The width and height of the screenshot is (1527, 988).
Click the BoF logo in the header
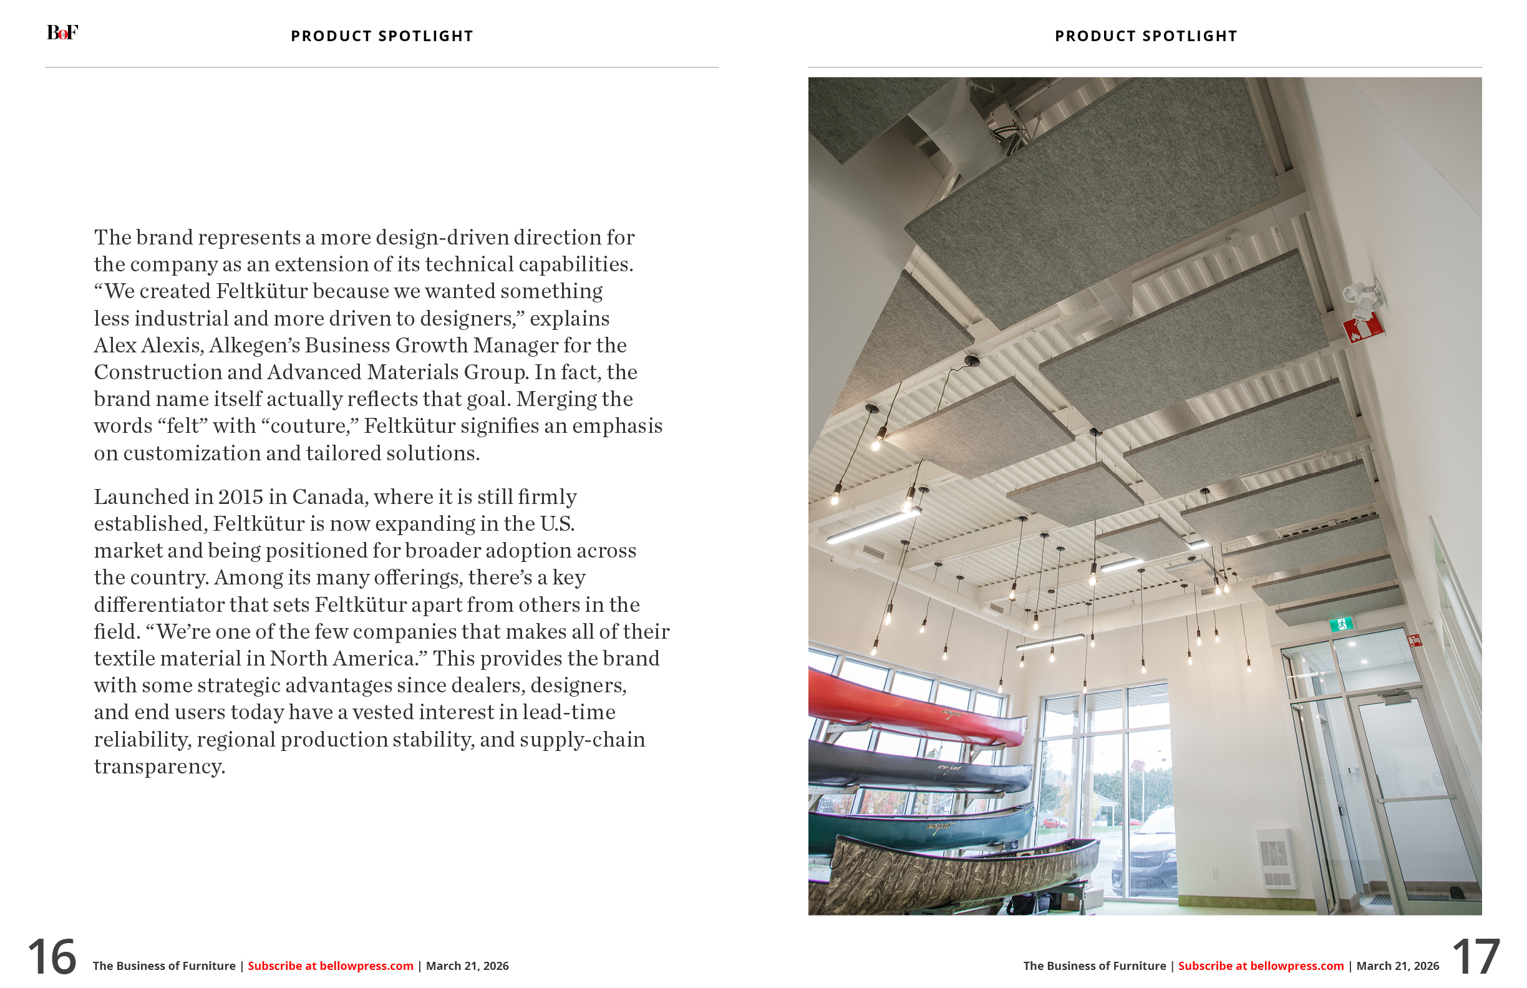[62, 32]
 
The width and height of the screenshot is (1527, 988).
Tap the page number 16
[52, 957]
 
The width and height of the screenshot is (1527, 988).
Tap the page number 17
[1475, 957]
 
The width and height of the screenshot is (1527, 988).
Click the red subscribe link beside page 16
[331, 966]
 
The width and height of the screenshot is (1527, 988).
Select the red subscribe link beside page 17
[1260, 966]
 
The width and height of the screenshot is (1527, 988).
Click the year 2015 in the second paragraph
[241, 497]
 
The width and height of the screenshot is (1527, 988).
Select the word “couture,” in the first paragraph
[310, 426]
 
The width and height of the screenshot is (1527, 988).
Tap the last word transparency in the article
[159, 767]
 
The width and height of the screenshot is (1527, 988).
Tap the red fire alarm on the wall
[1363, 329]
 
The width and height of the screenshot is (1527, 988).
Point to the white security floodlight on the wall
[1363, 298]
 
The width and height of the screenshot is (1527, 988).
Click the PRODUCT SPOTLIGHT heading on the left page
[382, 36]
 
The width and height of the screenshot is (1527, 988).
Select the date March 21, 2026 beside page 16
[467, 966]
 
